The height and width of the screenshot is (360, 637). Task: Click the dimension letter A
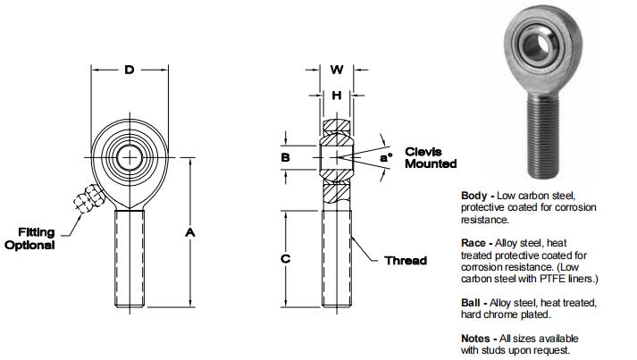189,232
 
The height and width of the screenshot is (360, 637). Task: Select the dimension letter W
337,69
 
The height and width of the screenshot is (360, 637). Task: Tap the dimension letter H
337,96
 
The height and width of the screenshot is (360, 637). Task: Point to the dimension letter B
285,158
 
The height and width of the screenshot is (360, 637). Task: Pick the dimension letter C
285,259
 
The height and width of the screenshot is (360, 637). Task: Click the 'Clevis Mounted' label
431,157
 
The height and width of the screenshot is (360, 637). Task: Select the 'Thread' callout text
405,261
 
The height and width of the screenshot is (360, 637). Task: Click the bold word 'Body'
474,196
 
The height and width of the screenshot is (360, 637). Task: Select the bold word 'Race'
474,242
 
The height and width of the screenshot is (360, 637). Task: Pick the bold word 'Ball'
471,303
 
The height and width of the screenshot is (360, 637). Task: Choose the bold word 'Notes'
475,339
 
